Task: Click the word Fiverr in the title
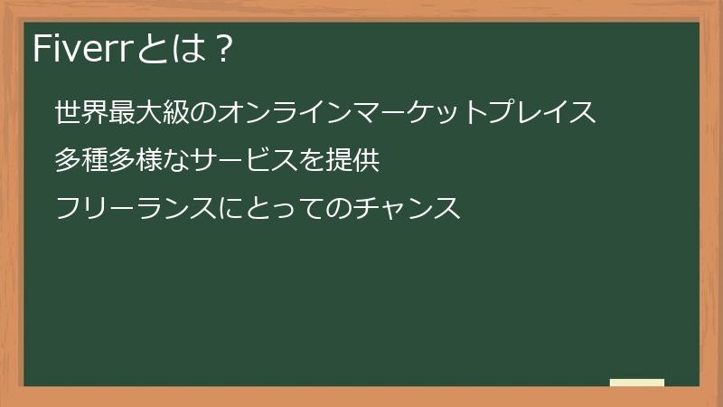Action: tap(81, 49)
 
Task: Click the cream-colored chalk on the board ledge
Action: tap(637, 383)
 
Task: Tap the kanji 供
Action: tap(368, 161)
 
